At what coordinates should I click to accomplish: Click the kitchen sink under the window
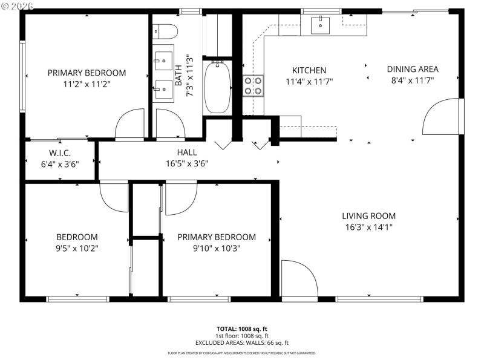pyautogui.click(x=319, y=25)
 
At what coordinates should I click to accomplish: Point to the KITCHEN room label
pyautogui.click(x=309, y=70)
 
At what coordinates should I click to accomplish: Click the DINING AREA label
pyautogui.click(x=413, y=69)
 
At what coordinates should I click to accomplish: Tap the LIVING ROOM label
pyautogui.click(x=368, y=216)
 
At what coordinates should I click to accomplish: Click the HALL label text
pyautogui.click(x=187, y=152)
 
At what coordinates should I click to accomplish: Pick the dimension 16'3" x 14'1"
pyautogui.click(x=368, y=227)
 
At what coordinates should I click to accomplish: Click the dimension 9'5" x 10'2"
pyautogui.click(x=77, y=248)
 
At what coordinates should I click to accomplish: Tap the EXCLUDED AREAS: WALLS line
pyautogui.click(x=242, y=342)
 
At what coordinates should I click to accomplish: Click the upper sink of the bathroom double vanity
pyautogui.click(x=163, y=59)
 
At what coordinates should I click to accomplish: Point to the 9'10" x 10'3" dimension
pyautogui.click(x=216, y=248)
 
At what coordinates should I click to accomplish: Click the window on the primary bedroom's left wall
pyautogui.click(x=23, y=76)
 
